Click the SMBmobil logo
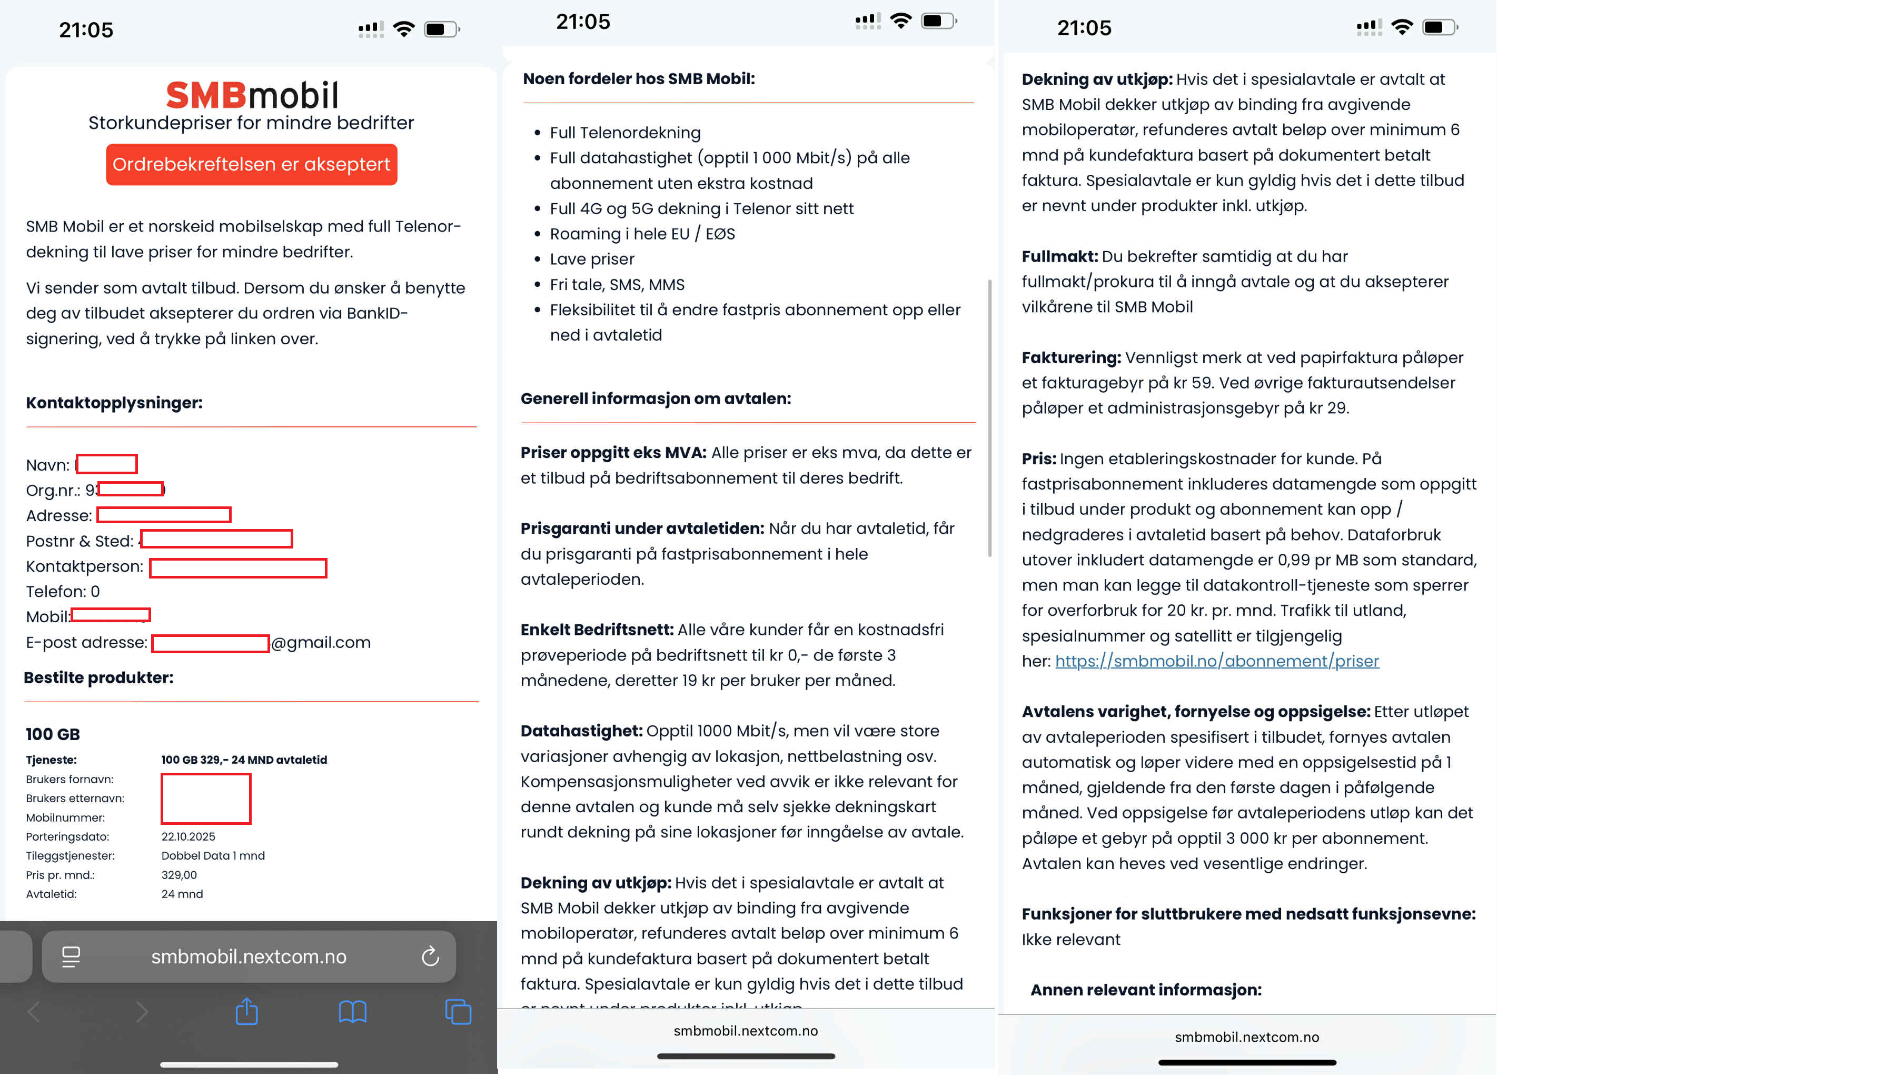[x=252, y=95]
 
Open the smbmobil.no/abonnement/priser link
[x=1217, y=661]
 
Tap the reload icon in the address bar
[x=430, y=956]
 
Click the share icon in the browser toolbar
[x=246, y=1011]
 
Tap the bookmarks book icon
[x=352, y=1011]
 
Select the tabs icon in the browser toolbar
[x=458, y=1011]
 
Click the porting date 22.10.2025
[x=188, y=836]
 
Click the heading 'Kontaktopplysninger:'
[x=114, y=402]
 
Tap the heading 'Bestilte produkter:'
[x=98, y=677]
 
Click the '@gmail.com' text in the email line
[x=321, y=642]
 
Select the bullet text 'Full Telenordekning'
[x=625, y=133]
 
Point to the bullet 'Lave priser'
[x=592, y=259]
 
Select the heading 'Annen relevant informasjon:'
[x=1146, y=990]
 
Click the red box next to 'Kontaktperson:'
[x=238, y=567]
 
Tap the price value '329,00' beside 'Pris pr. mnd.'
[x=179, y=875]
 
